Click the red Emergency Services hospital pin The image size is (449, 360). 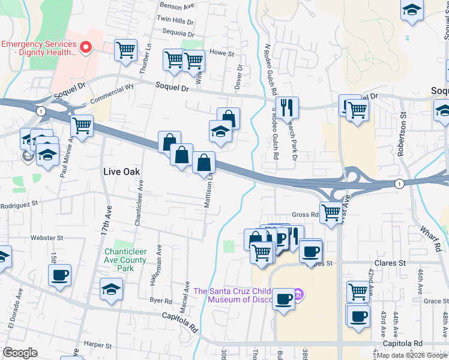tap(85, 46)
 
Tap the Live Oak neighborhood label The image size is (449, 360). tap(121, 172)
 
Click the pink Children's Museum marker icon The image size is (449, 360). tap(300, 295)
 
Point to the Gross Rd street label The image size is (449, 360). tap(305, 214)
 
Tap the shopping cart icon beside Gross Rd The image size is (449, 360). tap(331, 212)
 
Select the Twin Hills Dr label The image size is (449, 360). tap(175, 20)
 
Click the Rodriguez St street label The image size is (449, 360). tap(19, 203)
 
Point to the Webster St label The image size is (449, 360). tap(47, 238)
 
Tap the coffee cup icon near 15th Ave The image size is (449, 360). tap(59, 275)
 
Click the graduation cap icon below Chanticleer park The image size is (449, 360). tap(111, 289)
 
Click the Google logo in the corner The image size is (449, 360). tap(20, 353)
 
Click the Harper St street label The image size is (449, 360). tap(98, 344)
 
